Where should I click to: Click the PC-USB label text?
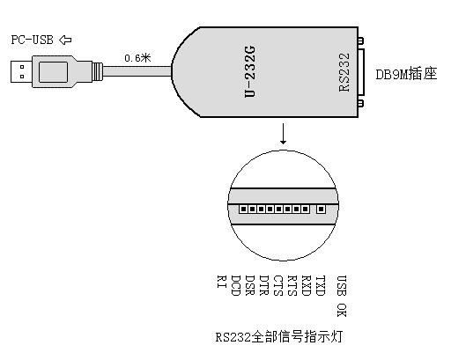pos(32,40)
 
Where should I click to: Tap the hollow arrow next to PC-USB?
pos(65,40)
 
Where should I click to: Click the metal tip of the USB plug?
pos(21,71)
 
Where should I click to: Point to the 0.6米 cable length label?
pos(137,58)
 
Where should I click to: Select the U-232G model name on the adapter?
pos(249,71)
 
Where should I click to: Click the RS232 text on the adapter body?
pos(344,72)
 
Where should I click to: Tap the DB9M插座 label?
pos(406,74)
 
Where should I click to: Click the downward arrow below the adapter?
pos(284,134)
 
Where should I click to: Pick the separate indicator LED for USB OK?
pos(321,209)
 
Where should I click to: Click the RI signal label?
pos(222,282)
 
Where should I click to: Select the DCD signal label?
pos(236,285)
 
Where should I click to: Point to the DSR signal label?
pos(250,285)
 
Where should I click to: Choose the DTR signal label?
pos(264,285)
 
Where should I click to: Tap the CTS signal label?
pos(278,285)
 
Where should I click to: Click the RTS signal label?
pos(292,285)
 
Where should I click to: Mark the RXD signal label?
pos(307,285)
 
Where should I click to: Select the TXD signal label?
pos(321,285)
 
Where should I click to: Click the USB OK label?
pos(342,296)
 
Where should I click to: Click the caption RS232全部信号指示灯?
pos(279,337)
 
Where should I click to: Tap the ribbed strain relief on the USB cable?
pos(98,71)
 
